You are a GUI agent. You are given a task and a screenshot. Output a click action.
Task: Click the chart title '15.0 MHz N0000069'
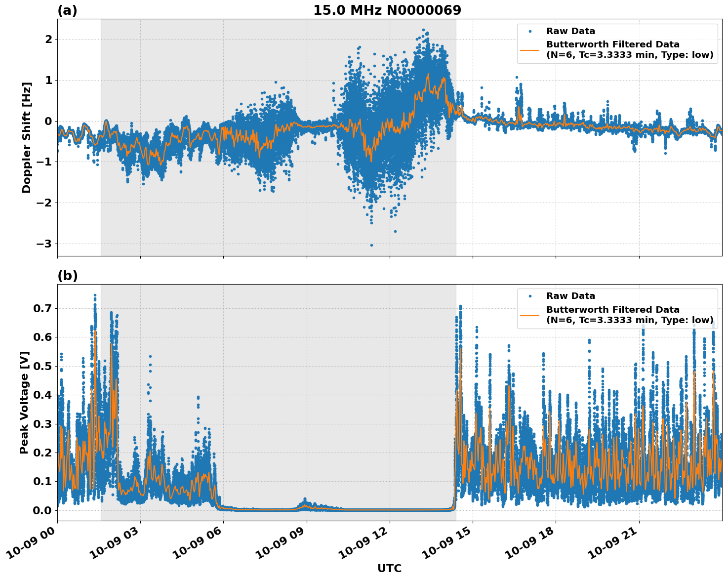click(x=387, y=10)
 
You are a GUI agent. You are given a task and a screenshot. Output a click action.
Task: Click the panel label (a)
click(x=67, y=10)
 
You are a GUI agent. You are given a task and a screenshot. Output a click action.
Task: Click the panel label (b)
click(x=67, y=276)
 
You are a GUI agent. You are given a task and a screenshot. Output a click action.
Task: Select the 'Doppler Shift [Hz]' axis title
click(x=27, y=137)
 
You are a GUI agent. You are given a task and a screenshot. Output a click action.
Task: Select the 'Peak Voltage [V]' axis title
click(x=24, y=402)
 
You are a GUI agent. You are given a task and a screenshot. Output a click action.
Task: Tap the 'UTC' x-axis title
click(x=389, y=568)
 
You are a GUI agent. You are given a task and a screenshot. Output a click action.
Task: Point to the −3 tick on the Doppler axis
click(x=43, y=244)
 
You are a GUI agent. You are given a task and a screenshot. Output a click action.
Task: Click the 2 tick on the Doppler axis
click(x=48, y=39)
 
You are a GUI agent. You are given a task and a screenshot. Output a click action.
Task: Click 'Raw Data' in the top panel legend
click(x=570, y=31)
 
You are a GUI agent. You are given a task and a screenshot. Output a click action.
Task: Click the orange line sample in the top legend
click(x=530, y=49)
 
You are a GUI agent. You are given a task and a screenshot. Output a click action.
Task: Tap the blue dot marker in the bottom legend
click(x=530, y=296)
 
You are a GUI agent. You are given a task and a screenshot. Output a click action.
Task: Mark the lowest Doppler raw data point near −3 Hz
click(x=371, y=245)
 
